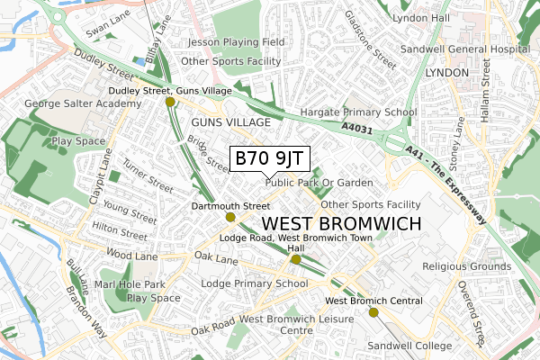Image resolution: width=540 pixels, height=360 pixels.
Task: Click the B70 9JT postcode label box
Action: point(270,158)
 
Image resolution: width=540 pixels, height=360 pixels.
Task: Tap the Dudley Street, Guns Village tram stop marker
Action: point(170,103)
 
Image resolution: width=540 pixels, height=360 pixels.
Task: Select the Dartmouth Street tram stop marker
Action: point(230,217)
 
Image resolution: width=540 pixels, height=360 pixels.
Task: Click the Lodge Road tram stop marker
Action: point(295,259)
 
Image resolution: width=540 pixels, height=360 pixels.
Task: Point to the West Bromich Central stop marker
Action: point(373,311)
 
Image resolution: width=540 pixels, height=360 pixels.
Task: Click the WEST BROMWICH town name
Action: point(340,222)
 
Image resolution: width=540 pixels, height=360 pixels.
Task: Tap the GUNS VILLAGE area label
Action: point(231,121)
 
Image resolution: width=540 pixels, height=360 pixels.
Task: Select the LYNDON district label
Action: point(447,71)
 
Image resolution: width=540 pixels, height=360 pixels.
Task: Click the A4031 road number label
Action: point(356,128)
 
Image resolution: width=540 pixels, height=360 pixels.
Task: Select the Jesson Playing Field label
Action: point(237,42)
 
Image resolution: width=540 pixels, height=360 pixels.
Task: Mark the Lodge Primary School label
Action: point(255,283)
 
